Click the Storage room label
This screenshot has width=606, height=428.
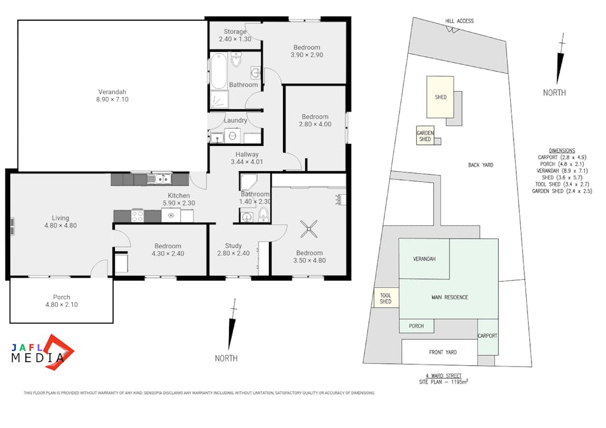pyautogui.click(x=235, y=32)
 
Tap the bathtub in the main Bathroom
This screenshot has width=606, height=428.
pyautogui.click(x=218, y=71)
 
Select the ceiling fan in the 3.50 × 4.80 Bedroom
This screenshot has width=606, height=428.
pyautogui.click(x=308, y=229)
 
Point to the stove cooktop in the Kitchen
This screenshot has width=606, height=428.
pyautogui.click(x=138, y=216)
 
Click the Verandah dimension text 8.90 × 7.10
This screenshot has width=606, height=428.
pyautogui.click(x=112, y=100)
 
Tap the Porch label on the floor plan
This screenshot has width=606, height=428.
pyautogui.click(x=62, y=297)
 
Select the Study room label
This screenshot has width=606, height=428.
pyautogui.click(x=234, y=245)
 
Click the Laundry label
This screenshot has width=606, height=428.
pyautogui.click(x=235, y=120)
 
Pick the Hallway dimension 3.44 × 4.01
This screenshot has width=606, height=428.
pyautogui.click(x=247, y=162)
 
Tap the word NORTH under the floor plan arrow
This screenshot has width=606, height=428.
pyautogui.click(x=226, y=358)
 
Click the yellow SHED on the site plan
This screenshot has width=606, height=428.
pyautogui.click(x=440, y=97)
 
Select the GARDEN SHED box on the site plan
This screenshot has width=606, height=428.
pyautogui.click(x=425, y=136)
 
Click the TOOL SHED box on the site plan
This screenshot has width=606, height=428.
pyautogui.click(x=386, y=298)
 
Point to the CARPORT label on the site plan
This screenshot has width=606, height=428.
pyautogui.click(x=488, y=335)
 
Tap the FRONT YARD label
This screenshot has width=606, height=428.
pyautogui.click(x=443, y=353)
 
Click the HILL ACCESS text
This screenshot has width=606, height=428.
pyautogui.click(x=459, y=21)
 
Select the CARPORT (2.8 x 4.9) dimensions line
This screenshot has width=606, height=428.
pyautogui.click(x=562, y=157)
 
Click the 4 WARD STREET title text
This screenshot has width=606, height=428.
pyautogui.click(x=444, y=375)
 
